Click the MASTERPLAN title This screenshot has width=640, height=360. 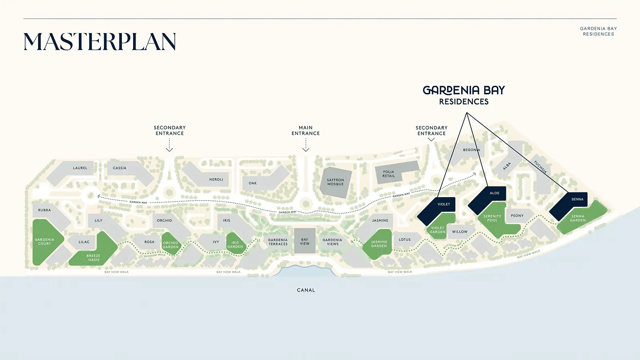click(100, 42)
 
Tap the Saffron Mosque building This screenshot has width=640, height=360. click(336, 182)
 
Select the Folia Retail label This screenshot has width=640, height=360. click(388, 174)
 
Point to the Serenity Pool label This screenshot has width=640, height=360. click(492, 218)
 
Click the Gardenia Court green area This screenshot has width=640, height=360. click(44, 242)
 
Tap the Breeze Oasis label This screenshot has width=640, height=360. click(94, 258)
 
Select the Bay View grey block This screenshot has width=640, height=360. click(305, 241)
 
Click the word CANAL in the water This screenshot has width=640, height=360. click(306, 290)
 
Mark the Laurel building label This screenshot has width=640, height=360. click(80, 168)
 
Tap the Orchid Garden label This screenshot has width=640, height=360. click(170, 245)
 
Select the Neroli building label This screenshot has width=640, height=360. click(216, 180)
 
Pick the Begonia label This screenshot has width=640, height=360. click(471, 150)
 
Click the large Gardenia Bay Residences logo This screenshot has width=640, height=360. click(464, 95)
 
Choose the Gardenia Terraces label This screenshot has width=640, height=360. click(278, 242)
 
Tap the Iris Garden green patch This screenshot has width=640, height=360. click(235, 244)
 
